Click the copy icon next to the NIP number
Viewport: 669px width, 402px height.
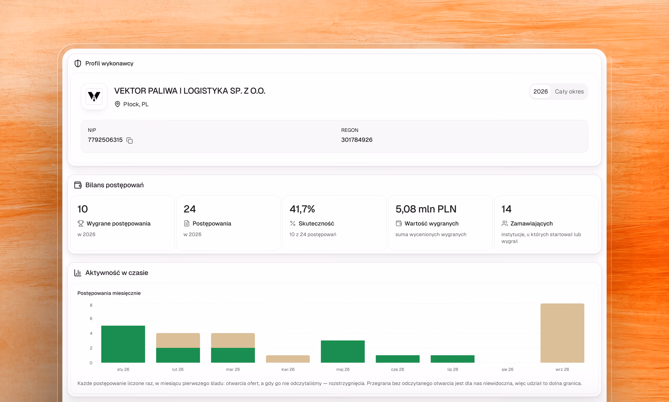tap(130, 140)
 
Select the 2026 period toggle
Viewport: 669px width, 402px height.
tap(540, 92)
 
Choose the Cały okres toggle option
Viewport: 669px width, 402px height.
tap(569, 92)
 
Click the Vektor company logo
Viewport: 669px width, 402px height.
tap(94, 97)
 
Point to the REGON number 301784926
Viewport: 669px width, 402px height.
tap(357, 140)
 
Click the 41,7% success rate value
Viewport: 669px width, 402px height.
tap(302, 209)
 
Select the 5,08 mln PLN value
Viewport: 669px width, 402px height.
tap(426, 209)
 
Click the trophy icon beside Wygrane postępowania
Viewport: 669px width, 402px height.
tap(80, 223)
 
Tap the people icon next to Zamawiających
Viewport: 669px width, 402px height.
tap(504, 223)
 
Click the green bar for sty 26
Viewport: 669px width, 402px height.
tap(123, 344)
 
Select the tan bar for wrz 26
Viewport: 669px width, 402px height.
tap(562, 333)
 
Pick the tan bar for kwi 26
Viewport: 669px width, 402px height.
tap(288, 359)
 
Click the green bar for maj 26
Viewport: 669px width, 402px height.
tap(343, 351)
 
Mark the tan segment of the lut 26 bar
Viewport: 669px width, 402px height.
tap(178, 340)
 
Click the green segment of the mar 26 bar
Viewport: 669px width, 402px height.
tap(233, 355)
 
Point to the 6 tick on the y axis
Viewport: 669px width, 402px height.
tap(91, 318)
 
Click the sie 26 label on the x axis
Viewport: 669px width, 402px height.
tap(507, 369)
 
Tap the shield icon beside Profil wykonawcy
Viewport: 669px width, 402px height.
tap(78, 63)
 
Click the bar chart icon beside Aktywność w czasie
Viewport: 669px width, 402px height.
tap(78, 273)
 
